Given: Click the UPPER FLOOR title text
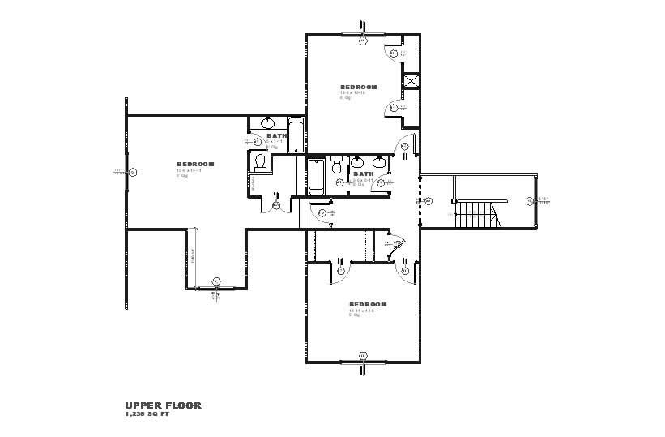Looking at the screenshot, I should [x=163, y=405].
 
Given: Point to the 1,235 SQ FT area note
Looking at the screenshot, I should [x=147, y=413].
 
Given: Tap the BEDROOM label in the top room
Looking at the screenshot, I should [x=359, y=87].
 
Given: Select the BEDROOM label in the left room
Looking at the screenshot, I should [x=195, y=164].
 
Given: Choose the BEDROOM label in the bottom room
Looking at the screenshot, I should [x=368, y=304].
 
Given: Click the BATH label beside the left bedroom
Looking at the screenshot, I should [x=277, y=135].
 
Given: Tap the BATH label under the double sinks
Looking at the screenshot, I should [x=363, y=174].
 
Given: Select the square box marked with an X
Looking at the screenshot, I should [x=411, y=81].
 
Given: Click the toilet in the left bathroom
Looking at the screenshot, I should [x=260, y=163].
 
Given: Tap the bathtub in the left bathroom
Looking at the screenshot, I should [x=296, y=135].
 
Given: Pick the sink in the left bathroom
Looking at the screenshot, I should [x=266, y=123].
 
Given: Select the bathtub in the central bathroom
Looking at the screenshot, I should [x=315, y=175].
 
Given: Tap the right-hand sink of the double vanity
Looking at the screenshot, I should [x=378, y=161].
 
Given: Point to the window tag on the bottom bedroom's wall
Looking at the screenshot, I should [x=363, y=356].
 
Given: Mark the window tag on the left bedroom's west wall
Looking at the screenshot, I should [x=134, y=172].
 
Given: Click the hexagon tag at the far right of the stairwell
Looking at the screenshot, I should [x=530, y=200].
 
